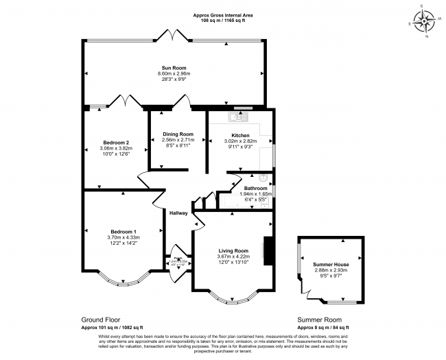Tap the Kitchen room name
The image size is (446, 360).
click(240, 135)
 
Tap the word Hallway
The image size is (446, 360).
click(179, 213)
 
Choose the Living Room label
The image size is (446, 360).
click(233, 251)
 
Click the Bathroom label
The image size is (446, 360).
click(255, 188)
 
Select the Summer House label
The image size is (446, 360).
click(331, 265)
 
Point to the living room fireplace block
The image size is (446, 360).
click(270, 251)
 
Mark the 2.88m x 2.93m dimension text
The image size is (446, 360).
click(331, 270)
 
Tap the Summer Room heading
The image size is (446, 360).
click(319, 320)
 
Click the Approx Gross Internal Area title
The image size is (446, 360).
click(222, 15)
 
